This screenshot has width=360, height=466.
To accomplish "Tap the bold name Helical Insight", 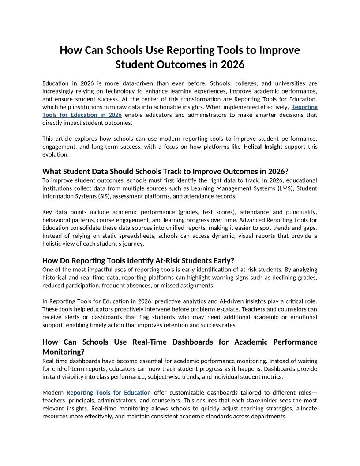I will pyautogui.click(x=262, y=147).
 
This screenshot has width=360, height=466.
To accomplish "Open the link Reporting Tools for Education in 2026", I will pyautogui.click(x=82, y=115).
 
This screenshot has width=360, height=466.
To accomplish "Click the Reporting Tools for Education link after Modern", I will pyautogui.click(x=109, y=392).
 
